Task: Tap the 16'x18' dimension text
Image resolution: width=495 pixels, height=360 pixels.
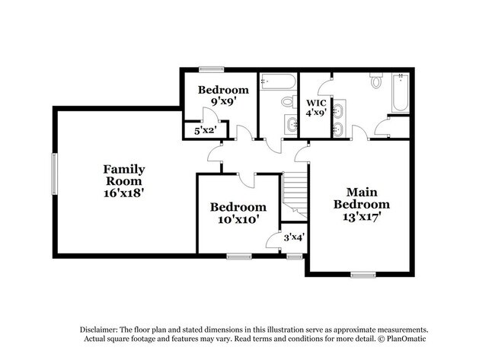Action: [124, 193]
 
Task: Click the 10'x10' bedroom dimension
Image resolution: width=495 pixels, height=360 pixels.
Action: [238, 219]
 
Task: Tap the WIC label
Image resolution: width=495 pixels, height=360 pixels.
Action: [316, 103]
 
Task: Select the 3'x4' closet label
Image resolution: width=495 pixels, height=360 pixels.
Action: [293, 237]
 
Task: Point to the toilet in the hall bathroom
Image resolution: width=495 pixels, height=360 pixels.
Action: [288, 101]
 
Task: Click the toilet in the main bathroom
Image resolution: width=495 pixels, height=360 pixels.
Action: [376, 81]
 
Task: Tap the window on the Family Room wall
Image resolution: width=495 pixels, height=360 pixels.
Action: [53, 174]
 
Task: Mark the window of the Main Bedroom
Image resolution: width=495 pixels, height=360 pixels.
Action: [362, 274]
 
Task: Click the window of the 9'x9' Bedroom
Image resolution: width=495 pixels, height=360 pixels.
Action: [211, 70]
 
